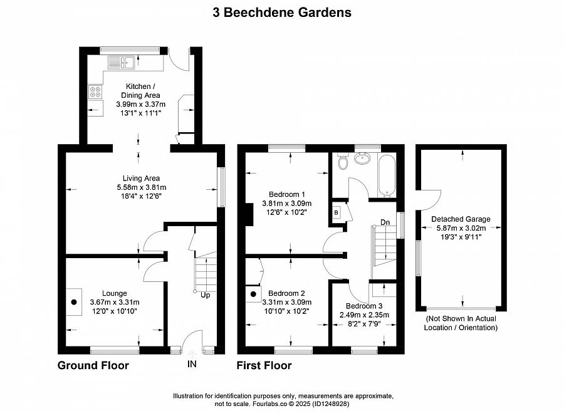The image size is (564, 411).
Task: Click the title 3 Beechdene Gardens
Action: point(282,13)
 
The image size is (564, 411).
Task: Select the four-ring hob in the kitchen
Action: point(95,92)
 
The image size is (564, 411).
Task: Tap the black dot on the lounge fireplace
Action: point(74,302)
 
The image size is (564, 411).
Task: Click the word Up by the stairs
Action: point(206,295)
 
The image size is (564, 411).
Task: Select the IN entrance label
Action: point(192,364)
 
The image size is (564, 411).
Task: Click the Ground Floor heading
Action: point(93,366)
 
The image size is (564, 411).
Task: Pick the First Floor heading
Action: point(264,366)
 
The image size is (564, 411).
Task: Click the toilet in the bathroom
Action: point(343,161)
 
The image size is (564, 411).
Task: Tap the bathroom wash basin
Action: point(363,159)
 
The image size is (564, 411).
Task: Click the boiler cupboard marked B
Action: point(336,212)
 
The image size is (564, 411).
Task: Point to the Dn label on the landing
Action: point(385,222)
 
